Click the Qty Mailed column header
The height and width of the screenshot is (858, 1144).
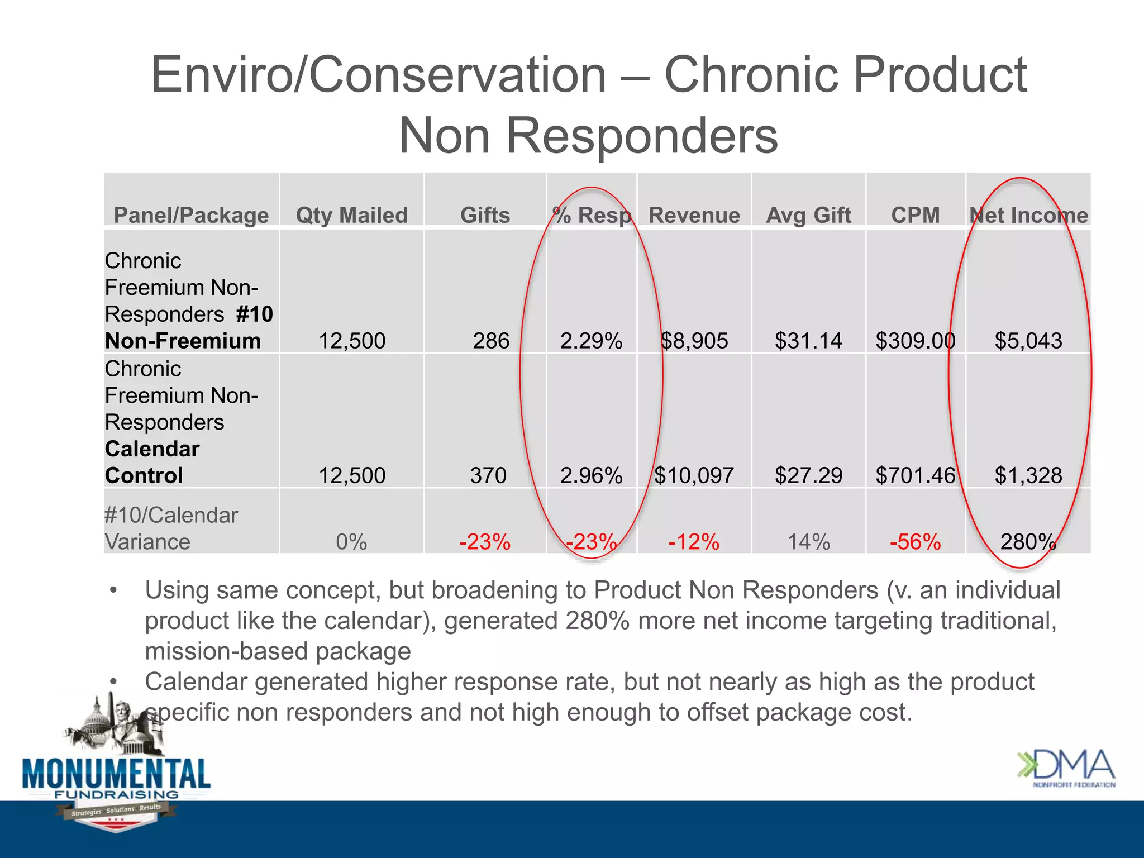tap(352, 215)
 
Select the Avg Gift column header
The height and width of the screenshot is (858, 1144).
tap(808, 215)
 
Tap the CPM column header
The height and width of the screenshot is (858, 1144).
tap(915, 215)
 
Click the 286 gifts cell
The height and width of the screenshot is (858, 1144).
tap(491, 341)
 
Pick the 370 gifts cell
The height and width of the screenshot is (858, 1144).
tap(488, 475)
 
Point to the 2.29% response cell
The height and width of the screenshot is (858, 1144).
tap(591, 341)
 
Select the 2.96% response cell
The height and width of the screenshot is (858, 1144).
tap(591, 475)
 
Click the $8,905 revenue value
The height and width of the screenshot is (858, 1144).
tap(694, 341)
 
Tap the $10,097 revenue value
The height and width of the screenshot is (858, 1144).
tap(694, 475)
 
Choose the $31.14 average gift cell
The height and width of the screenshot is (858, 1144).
tap(808, 341)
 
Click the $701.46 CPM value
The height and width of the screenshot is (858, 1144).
tap(916, 475)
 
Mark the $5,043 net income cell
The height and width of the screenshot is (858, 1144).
tap(1028, 341)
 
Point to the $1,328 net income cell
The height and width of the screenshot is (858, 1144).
tap(1028, 475)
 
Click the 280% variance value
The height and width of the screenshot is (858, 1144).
tap(1028, 542)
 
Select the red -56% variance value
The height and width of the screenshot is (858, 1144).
tap(915, 542)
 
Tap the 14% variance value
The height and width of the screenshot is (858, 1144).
tap(808, 542)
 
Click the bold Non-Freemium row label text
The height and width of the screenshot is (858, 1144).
tap(183, 341)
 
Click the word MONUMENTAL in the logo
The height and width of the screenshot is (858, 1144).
tap(116, 774)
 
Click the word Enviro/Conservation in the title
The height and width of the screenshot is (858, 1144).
tap(378, 75)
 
